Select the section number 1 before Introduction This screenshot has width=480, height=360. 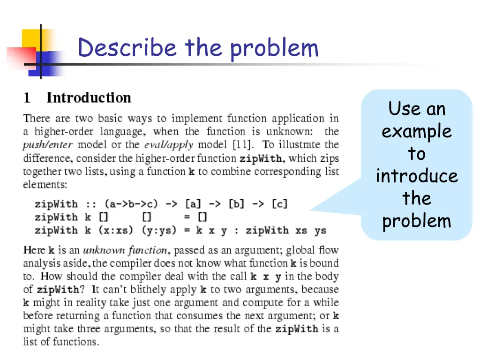28,98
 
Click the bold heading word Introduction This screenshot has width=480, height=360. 89,98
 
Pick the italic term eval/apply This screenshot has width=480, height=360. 169,145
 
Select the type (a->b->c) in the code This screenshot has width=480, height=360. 131,204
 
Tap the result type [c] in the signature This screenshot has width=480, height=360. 279,204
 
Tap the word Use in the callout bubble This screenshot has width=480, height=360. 404,109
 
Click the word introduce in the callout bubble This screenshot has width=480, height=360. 416,176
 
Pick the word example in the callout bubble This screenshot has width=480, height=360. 416,131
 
